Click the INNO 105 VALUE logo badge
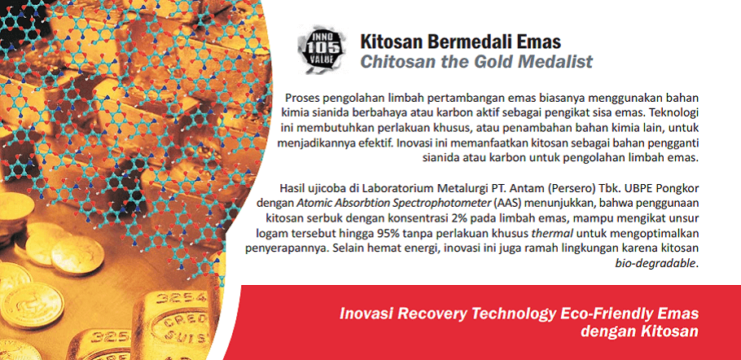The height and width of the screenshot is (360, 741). click(322, 49)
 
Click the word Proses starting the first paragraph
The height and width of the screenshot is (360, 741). click(301, 99)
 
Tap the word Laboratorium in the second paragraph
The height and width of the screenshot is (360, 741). click(392, 188)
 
